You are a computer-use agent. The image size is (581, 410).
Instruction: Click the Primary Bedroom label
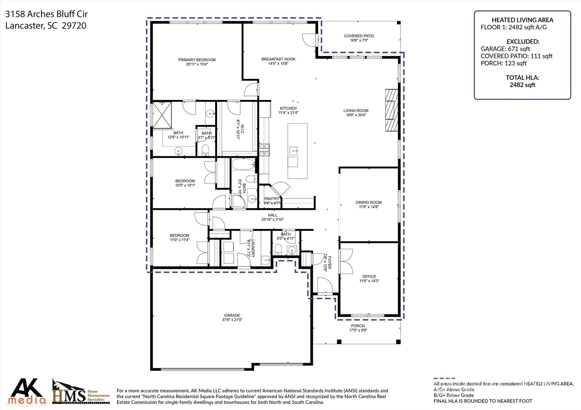point(197,60)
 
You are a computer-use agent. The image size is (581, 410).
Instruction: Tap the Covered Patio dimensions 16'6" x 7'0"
point(359,41)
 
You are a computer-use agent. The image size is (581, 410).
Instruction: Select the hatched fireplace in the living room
point(391,110)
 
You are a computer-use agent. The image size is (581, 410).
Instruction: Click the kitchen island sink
point(293,151)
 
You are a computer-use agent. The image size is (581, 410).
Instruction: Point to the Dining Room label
point(369,202)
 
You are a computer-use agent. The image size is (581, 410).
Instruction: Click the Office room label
point(369,276)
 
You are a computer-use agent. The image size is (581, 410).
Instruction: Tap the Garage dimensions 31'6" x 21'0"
point(232,320)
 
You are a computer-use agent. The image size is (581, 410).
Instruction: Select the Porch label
point(358,326)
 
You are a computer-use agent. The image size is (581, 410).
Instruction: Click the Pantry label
point(271,199)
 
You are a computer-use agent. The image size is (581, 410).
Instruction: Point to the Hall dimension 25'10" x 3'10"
point(272,219)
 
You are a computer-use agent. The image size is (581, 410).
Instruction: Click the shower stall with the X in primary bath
point(162,115)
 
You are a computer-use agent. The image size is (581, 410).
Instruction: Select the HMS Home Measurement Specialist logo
point(81,392)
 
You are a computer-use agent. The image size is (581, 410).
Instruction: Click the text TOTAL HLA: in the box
point(522,78)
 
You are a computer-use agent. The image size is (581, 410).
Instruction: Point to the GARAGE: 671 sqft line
point(505,49)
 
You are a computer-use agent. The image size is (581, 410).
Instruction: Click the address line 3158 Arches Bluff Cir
point(47,14)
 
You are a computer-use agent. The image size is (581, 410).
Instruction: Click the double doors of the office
point(346,261)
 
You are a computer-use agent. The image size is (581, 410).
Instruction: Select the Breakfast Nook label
point(278,59)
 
